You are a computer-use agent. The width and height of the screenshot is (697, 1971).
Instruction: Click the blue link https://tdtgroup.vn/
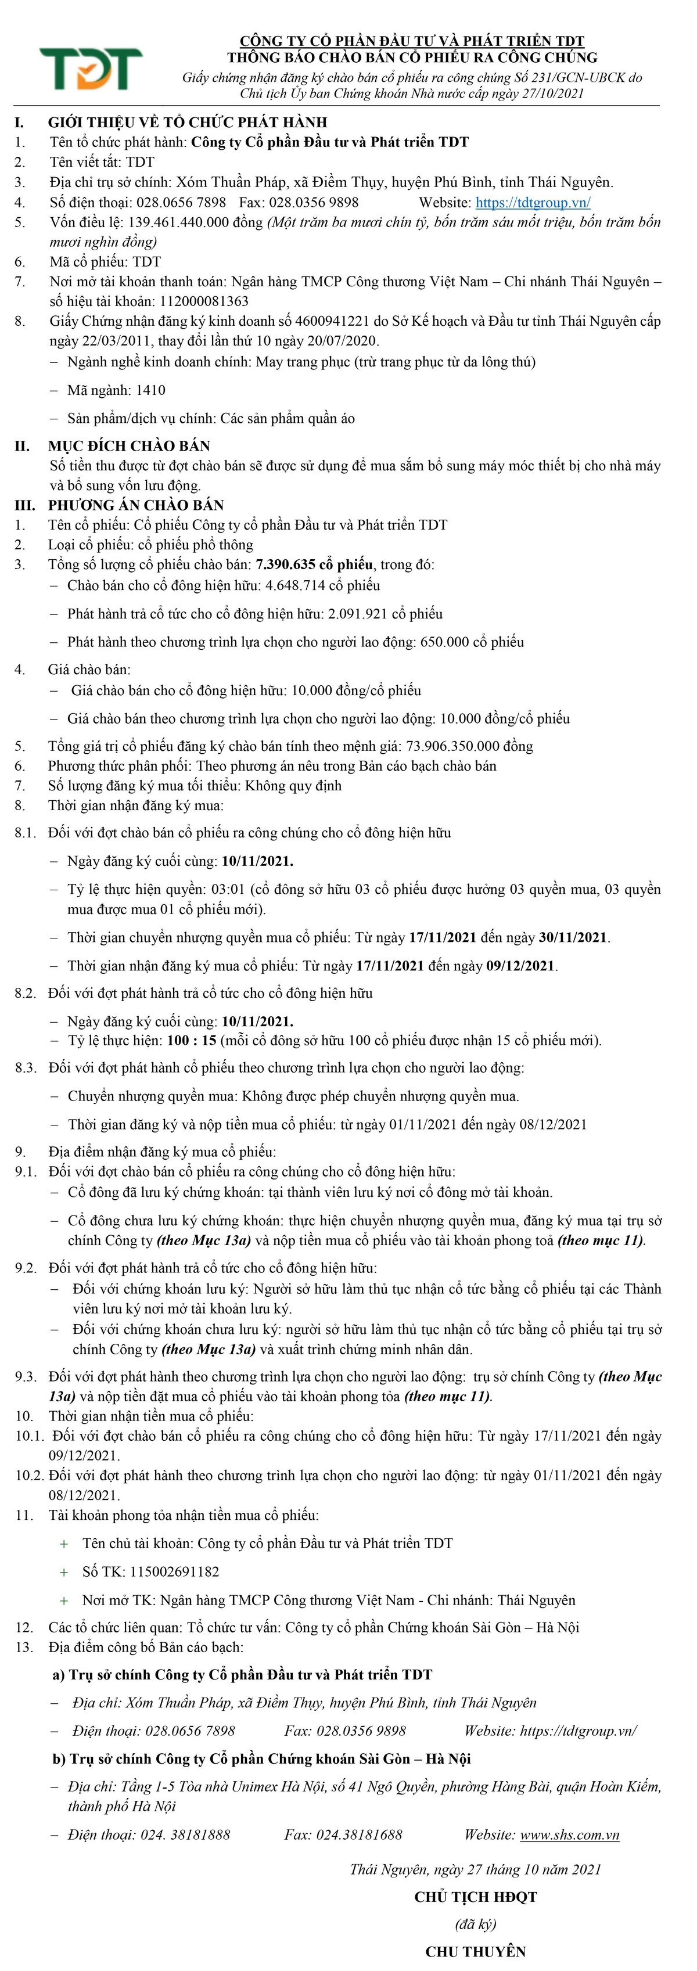533,203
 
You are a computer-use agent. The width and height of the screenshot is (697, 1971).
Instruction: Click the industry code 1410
150,390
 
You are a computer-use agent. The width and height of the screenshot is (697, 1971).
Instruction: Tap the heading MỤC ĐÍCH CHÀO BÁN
130,446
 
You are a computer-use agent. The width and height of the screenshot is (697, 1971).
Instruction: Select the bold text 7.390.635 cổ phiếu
314,564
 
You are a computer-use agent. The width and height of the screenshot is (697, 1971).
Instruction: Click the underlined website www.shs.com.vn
569,1834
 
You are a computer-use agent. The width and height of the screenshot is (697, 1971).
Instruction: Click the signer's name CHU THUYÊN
475,1951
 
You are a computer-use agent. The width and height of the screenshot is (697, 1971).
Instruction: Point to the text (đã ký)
475,1923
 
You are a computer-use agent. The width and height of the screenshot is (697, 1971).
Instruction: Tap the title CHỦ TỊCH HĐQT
475,1897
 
